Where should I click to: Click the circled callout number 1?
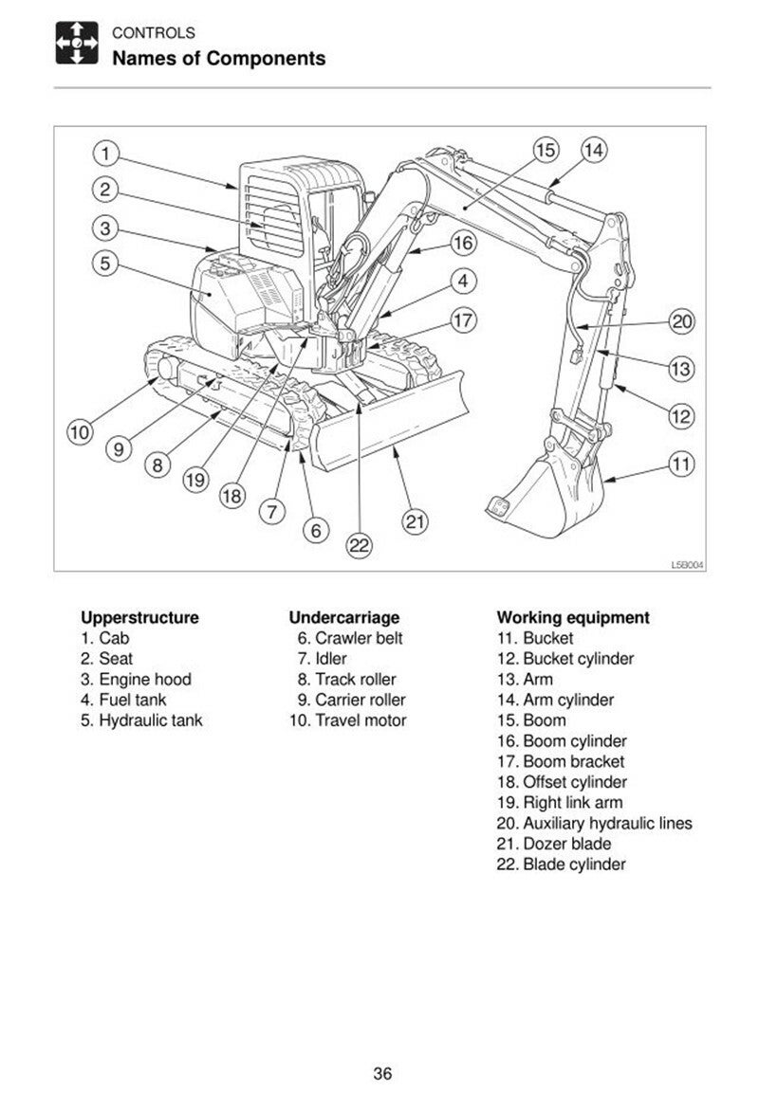pos(106,153)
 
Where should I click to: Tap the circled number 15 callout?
pos(546,150)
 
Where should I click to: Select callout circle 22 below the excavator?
pos(359,545)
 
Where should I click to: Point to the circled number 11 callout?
pos(680,464)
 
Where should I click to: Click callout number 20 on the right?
pos(681,321)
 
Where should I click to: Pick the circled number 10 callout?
pos(80,432)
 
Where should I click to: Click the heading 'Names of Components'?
pos(219,59)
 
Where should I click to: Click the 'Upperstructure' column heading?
pos(139,618)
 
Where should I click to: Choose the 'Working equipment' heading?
pos(573,618)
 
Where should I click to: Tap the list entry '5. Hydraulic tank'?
pos(141,720)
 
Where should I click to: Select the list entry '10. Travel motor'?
pos(347,720)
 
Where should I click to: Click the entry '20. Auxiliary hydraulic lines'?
pos(594,823)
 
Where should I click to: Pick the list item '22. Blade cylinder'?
pos(561,865)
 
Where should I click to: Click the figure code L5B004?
pos(688,565)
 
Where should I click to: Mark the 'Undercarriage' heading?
pos(344,618)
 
